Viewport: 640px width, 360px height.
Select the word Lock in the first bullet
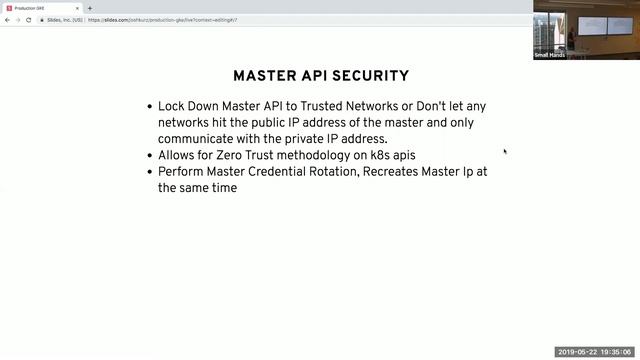(174, 106)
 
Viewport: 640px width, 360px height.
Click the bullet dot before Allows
(149, 155)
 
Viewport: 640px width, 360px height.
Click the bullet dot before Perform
(149, 171)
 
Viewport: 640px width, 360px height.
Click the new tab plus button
(90, 8)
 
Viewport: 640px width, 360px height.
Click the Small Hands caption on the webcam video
(550, 55)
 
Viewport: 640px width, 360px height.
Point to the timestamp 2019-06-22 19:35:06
(595, 352)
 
